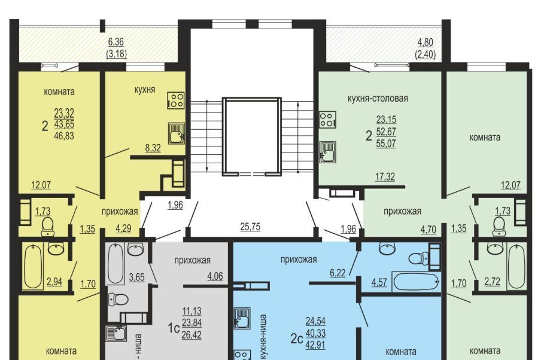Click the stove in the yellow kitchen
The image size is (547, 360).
(176, 100)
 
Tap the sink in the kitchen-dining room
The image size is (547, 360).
(327, 152)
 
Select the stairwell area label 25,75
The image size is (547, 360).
(250, 227)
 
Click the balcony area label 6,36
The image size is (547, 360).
(116, 42)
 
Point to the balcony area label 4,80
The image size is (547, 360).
(426, 42)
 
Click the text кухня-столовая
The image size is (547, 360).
(378, 98)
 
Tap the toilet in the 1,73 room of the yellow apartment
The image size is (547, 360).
(47, 227)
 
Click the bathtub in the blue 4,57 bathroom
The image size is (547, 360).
(416, 282)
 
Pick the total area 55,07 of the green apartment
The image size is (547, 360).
(386, 144)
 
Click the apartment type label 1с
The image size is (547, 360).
(174, 328)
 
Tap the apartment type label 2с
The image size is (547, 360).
(296, 338)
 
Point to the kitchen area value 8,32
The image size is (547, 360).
(153, 148)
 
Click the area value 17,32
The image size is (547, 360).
(385, 176)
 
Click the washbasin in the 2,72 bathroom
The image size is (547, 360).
(495, 249)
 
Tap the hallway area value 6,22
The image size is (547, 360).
(338, 273)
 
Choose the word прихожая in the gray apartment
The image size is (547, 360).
(192, 260)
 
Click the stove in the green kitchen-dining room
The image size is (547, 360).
(327, 120)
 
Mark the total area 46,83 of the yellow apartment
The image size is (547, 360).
(64, 136)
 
